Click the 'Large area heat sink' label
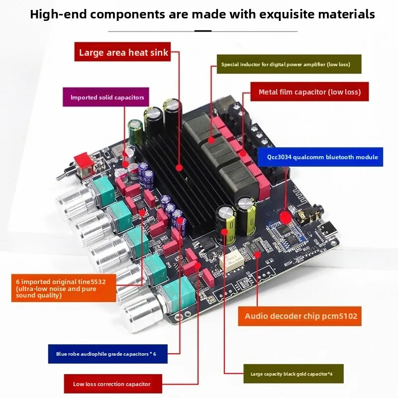[122, 52]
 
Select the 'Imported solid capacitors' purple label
[106, 97]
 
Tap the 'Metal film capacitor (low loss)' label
[309, 92]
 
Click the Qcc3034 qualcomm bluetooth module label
[320, 157]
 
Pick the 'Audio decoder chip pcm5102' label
[299, 316]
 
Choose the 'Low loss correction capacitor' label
[113, 384]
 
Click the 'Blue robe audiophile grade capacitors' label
[108, 354]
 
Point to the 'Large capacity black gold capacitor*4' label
[294, 374]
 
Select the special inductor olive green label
[289, 64]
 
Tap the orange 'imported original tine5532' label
[64, 288]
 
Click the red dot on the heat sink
[179, 168]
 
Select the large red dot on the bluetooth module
[285, 218]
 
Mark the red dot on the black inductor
[211, 140]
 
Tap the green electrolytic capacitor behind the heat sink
[135, 132]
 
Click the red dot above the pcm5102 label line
[257, 255]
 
